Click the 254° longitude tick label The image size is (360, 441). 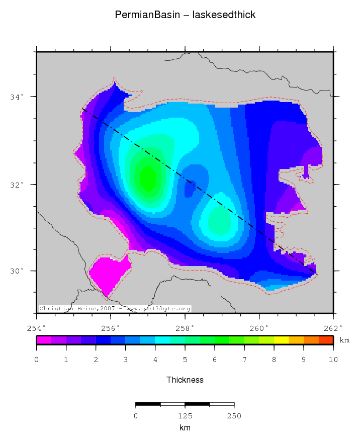(x=36, y=328)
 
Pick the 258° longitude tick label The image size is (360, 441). (x=185, y=328)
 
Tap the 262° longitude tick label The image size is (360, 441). (x=333, y=328)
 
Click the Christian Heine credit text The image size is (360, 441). (x=115, y=308)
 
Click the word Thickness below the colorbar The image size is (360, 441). (x=185, y=380)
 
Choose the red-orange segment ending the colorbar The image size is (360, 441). (x=326, y=340)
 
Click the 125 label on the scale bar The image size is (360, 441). (x=185, y=416)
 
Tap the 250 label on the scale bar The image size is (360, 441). (x=234, y=416)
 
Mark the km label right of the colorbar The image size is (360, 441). (x=344, y=340)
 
